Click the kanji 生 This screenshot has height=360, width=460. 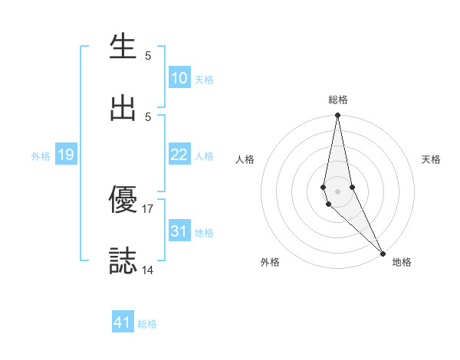(123, 47)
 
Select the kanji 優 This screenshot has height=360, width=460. (123, 200)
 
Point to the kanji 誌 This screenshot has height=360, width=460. (123, 260)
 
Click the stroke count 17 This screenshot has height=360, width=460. (148, 208)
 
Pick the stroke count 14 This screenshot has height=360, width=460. (148, 269)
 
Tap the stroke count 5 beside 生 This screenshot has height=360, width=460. (148, 56)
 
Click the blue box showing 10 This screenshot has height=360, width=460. (179, 77)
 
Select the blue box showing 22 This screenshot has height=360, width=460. (179, 155)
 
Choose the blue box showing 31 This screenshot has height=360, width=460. (179, 231)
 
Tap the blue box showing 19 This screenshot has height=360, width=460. (66, 155)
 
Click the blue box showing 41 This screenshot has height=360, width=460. (123, 322)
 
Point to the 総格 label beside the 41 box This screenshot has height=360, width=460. (147, 324)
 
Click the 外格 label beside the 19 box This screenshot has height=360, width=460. (41, 156)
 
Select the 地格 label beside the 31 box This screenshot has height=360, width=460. (204, 232)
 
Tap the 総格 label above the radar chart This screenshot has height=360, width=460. (337, 100)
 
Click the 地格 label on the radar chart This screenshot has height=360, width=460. (402, 262)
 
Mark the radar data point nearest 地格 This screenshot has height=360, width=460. (383, 253)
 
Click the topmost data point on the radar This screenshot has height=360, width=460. (337, 116)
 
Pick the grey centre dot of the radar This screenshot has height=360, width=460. (337, 191)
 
